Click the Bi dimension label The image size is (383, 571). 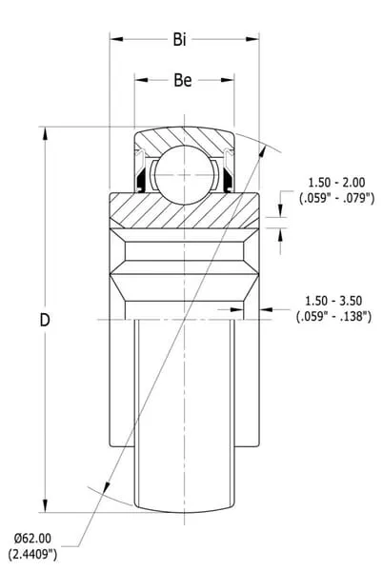pyautogui.click(x=179, y=39)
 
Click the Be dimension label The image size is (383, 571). pyautogui.click(x=183, y=80)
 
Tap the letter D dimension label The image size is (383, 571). pyautogui.click(x=45, y=320)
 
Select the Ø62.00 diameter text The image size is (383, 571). pyautogui.click(x=32, y=538)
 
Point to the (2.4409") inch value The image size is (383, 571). pyautogui.click(x=32, y=554)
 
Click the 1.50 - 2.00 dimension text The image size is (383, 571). pyautogui.click(x=336, y=182)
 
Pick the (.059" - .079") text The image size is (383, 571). pyautogui.click(x=336, y=199)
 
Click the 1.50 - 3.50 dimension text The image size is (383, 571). pyautogui.click(x=333, y=301)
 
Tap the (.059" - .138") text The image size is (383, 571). pyautogui.click(x=333, y=317)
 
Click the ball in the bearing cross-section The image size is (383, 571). pyautogui.click(x=184, y=175)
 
